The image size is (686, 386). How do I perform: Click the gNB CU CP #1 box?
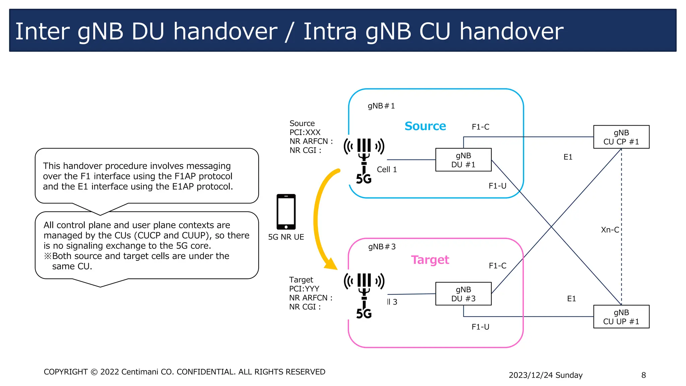pyautogui.click(x=621, y=137)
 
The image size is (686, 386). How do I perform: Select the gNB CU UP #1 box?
pyautogui.click(x=621, y=317)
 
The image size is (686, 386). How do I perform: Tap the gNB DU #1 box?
pyautogui.click(x=463, y=160)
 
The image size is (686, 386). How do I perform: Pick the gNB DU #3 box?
pyautogui.click(x=463, y=294)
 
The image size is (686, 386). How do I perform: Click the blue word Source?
pyautogui.click(x=425, y=126)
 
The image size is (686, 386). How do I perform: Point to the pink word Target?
pyautogui.click(x=430, y=260)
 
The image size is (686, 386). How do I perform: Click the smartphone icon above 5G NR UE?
pyautogui.click(x=286, y=212)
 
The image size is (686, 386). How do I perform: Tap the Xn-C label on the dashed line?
pyautogui.click(x=610, y=230)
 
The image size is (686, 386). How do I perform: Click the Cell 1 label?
pyautogui.click(x=387, y=170)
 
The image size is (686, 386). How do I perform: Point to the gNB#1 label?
pyautogui.click(x=381, y=106)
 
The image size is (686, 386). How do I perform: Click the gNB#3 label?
pyautogui.click(x=382, y=247)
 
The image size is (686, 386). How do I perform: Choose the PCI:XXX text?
pyautogui.click(x=305, y=132)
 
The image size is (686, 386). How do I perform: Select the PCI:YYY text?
pyautogui.click(x=304, y=289)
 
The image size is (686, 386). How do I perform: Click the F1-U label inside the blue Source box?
pyautogui.click(x=497, y=186)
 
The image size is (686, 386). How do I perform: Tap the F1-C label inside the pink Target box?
pyautogui.click(x=497, y=266)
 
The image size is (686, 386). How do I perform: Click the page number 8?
pyautogui.click(x=643, y=375)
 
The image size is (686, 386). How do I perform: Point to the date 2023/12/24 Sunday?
pyautogui.click(x=545, y=375)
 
